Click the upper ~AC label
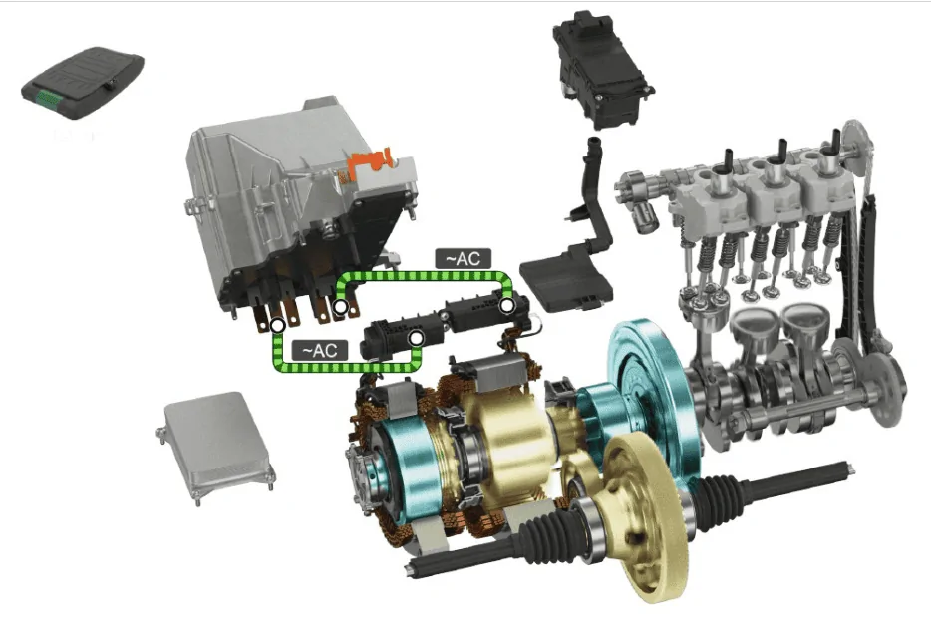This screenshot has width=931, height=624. pos(464,258)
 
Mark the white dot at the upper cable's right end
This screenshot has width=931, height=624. pos(506,303)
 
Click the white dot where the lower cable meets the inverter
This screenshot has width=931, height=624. pos(278,324)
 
